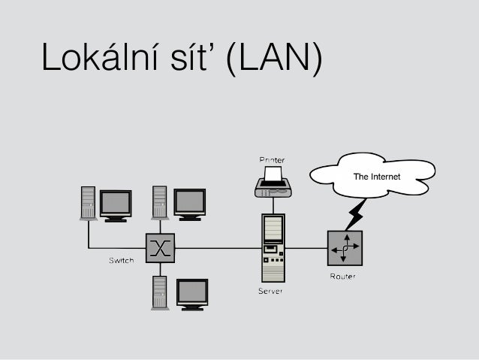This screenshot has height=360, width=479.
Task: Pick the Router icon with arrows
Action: (x=345, y=247)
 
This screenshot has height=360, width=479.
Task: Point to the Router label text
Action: (x=343, y=276)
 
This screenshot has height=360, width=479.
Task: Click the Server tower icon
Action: (x=273, y=247)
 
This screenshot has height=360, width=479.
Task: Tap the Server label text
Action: (x=271, y=292)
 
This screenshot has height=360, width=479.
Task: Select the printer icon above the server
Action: (x=273, y=182)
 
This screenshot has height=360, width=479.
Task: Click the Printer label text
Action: (x=272, y=159)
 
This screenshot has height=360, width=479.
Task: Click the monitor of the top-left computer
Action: (x=116, y=204)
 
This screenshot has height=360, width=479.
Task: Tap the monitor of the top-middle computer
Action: (x=189, y=201)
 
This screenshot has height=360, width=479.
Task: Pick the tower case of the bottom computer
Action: (x=159, y=293)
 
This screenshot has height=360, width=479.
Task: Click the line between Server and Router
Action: (x=306, y=248)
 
